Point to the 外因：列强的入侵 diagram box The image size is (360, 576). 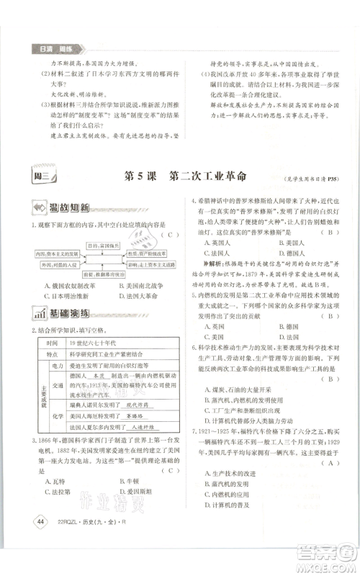(x=57, y=264)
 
